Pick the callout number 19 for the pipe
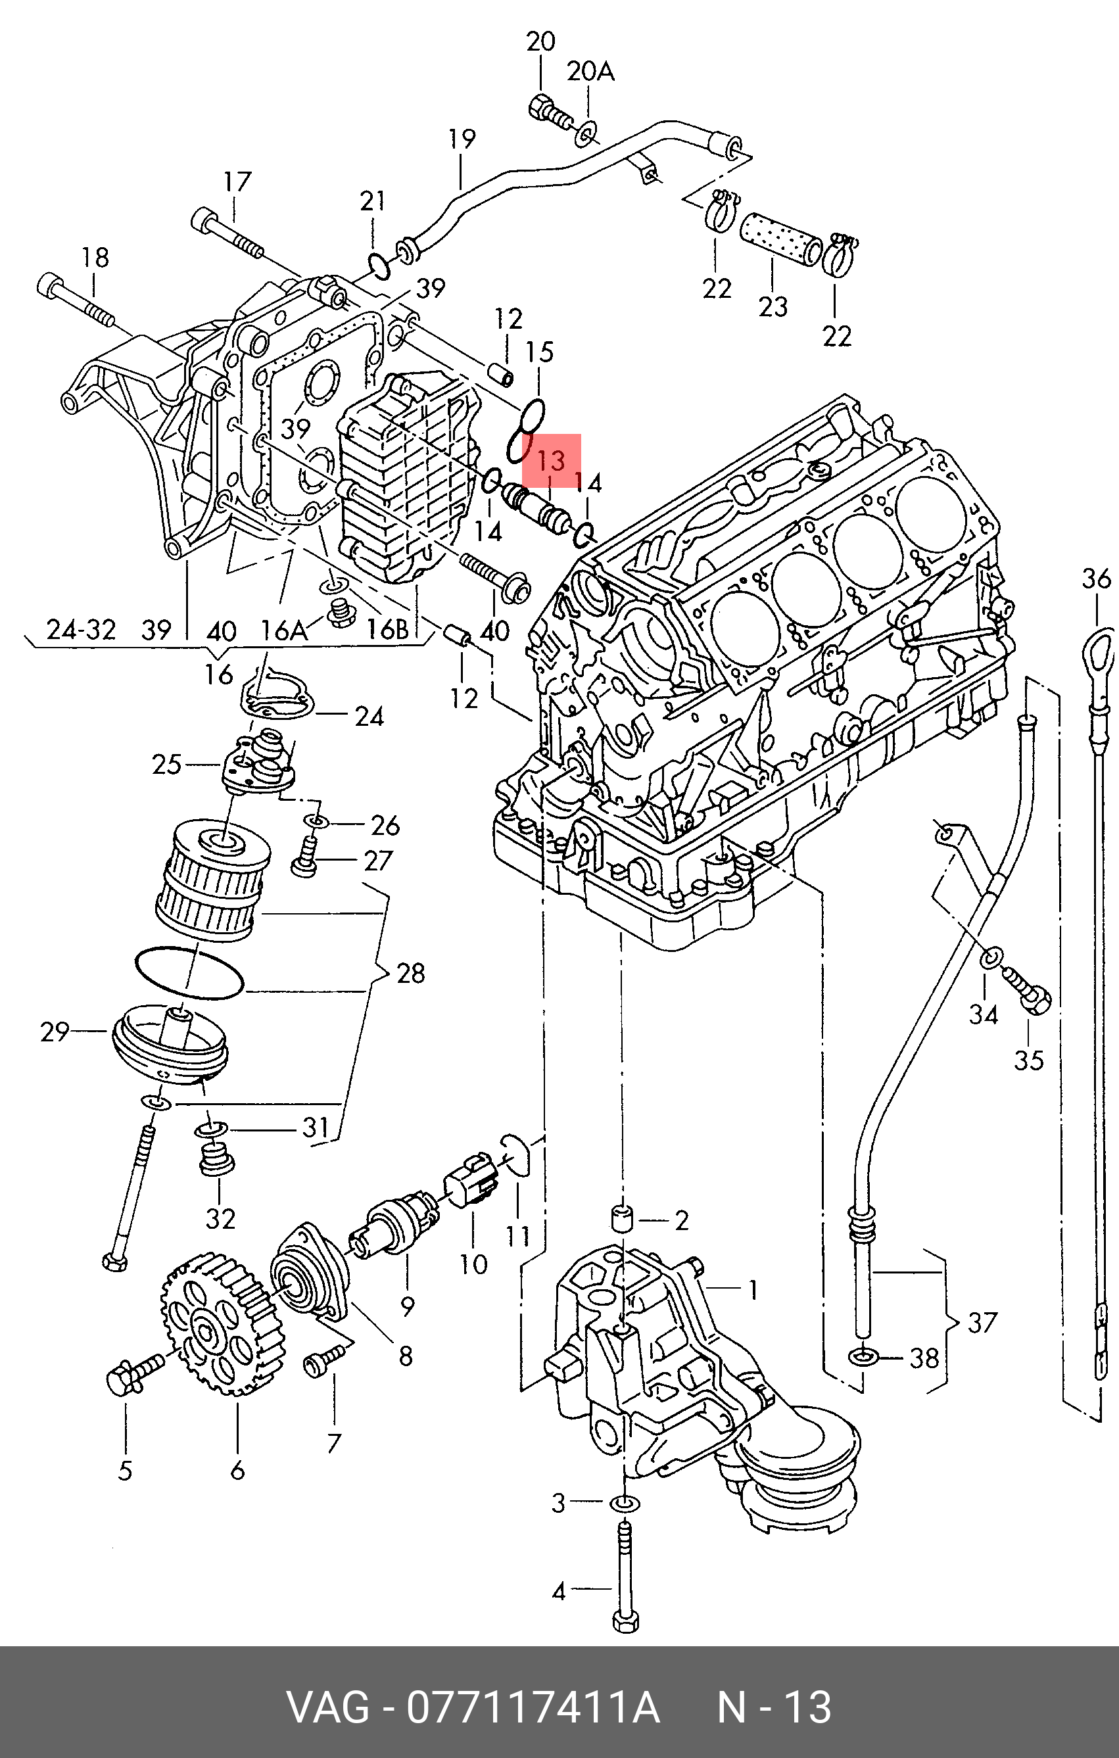[462, 139]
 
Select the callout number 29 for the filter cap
[54, 1032]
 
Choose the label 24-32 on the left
[81, 629]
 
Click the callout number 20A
[591, 72]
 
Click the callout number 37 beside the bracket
[982, 1322]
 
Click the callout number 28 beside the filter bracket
[410, 973]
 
